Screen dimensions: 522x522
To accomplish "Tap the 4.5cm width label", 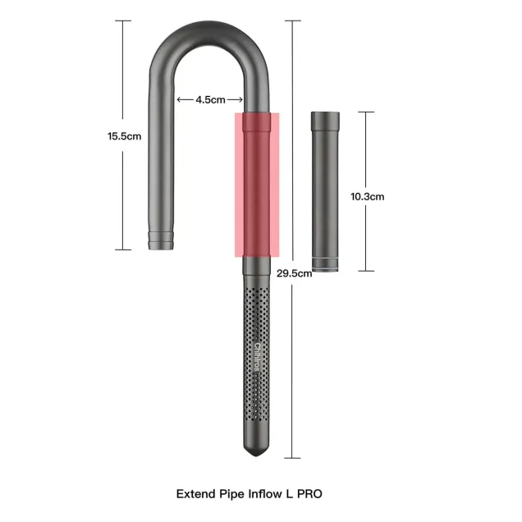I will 210,100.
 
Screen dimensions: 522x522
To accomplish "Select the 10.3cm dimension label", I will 367,196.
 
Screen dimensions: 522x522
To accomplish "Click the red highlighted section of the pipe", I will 257,185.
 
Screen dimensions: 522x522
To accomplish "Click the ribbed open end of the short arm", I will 161,240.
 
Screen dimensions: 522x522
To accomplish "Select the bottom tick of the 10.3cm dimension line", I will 366,271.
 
